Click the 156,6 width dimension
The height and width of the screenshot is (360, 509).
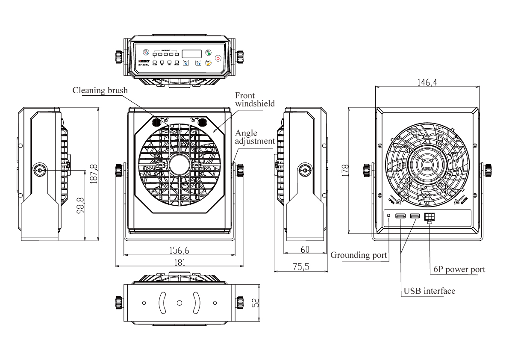(179, 250)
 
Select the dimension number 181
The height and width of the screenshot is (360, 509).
(179, 263)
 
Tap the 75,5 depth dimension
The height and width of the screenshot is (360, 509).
(301, 266)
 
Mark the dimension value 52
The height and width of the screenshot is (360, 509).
(255, 302)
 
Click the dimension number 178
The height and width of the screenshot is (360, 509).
(345, 170)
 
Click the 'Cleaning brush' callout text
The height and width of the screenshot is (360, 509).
(100, 90)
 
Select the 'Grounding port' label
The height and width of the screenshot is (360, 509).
(359, 255)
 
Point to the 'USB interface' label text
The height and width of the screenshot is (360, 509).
(430, 291)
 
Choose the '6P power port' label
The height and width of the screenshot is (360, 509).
(459, 269)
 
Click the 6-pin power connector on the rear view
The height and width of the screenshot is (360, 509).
(429, 217)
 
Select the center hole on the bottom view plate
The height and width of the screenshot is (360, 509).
(179, 303)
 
